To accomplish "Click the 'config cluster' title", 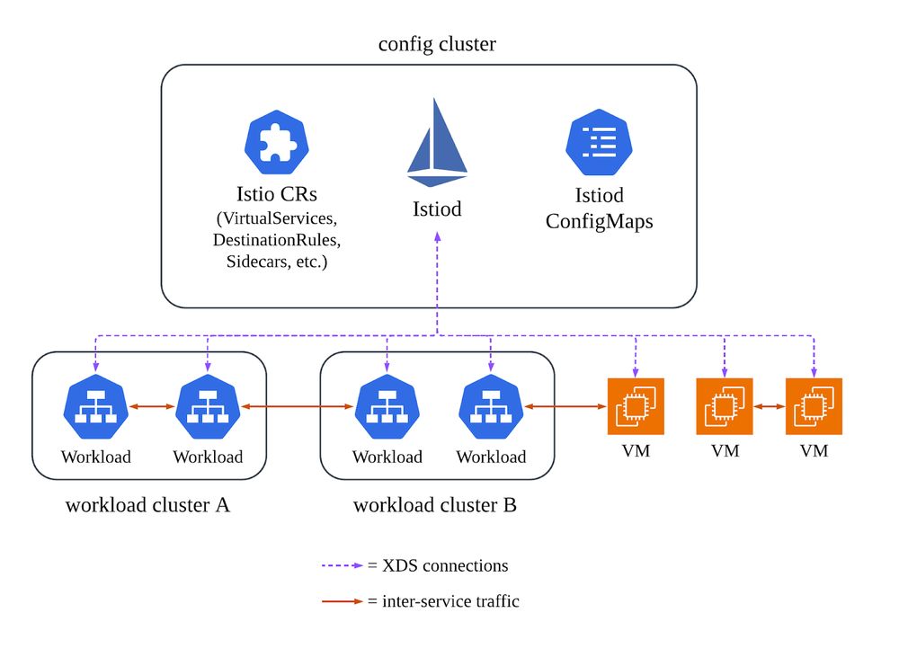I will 437,44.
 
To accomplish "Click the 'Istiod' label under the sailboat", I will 437,209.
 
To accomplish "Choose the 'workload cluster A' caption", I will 147,505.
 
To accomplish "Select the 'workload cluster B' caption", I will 435,505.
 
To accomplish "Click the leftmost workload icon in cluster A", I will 95,407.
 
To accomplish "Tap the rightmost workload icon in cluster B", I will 491,407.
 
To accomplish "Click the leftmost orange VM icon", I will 636,406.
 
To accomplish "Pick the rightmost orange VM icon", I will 814,406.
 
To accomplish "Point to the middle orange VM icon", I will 725,406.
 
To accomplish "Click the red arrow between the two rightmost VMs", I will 769,407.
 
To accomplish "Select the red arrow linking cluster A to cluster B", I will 297,407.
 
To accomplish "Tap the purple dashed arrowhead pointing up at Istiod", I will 437,236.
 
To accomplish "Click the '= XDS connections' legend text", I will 438,566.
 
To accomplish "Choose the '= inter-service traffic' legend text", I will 443,601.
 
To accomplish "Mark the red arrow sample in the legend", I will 343,601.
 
